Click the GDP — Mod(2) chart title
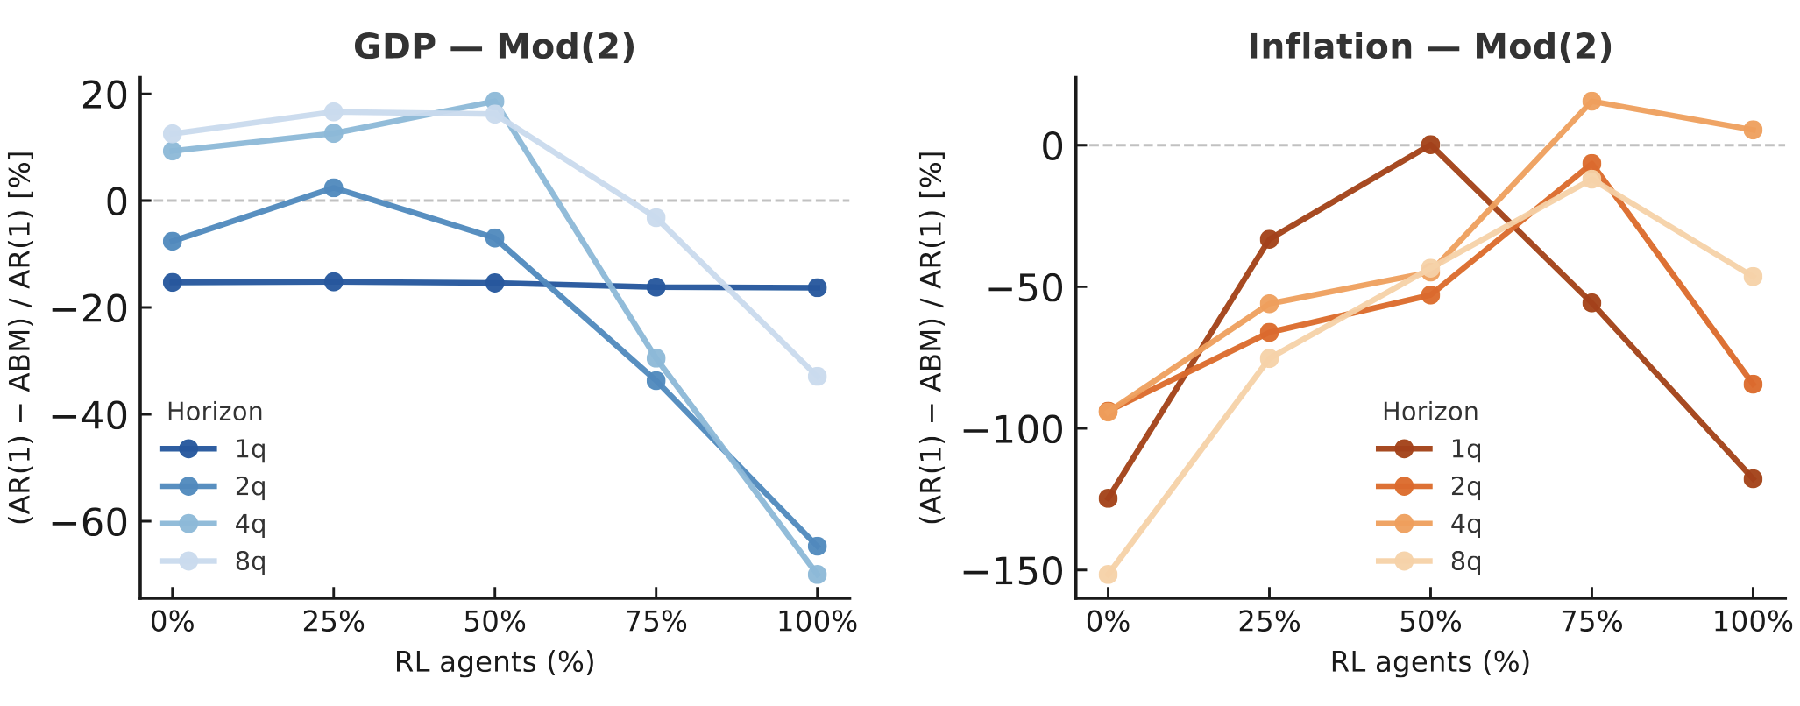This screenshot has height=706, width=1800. (x=494, y=46)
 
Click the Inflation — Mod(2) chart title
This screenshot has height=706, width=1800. (x=1429, y=46)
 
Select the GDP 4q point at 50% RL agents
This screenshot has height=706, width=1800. (x=494, y=102)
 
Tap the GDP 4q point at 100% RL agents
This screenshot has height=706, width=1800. (x=817, y=575)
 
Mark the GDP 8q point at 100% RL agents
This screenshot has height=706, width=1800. (x=817, y=376)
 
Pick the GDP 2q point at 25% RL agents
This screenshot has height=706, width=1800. (x=333, y=188)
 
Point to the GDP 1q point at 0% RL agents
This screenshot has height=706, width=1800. (x=173, y=282)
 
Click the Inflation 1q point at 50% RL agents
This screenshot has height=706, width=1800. (x=1430, y=145)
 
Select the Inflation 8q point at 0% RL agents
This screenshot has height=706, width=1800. (x=1108, y=575)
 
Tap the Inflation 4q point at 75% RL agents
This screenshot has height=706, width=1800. (x=1591, y=102)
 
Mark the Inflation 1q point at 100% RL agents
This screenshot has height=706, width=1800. (x=1753, y=478)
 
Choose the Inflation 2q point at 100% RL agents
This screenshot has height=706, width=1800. (x=1753, y=384)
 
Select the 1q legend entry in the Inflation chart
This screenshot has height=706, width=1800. (x=1429, y=449)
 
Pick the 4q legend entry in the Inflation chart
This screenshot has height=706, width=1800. (x=1429, y=524)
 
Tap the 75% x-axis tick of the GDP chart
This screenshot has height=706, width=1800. (x=656, y=624)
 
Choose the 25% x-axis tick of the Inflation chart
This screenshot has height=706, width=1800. (x=1269, y=624)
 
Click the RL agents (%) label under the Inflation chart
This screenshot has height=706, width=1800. (x=1429, y=662)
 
